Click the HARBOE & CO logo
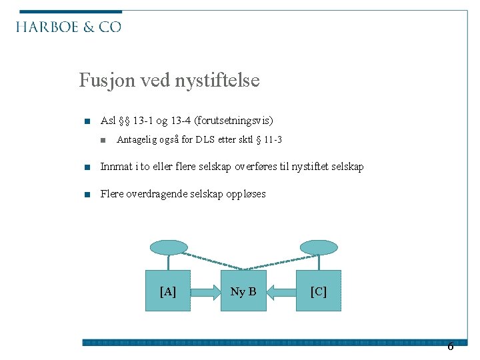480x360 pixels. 69,27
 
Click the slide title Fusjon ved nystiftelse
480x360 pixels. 169,81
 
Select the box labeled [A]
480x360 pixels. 168,291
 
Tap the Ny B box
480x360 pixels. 243,291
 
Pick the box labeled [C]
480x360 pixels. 319,291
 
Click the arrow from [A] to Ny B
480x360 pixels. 206,291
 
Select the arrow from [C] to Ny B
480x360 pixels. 281,291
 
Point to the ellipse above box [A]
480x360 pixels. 169,247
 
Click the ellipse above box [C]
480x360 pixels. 319,247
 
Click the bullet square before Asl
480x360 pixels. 86,121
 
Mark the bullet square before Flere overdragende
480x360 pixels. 86,195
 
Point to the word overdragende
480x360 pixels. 159,194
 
